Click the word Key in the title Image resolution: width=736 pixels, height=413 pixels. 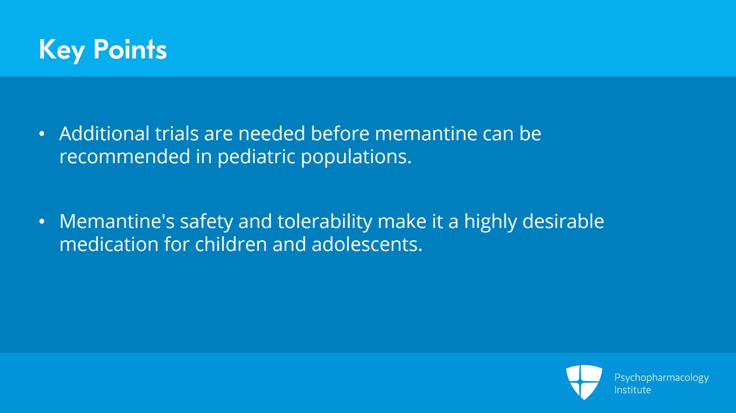coord(62,50)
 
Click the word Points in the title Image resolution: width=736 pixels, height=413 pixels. coord(130,49)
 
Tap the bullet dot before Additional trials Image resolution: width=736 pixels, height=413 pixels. coord(42,134)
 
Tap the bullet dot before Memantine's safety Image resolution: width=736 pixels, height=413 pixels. coord(42,221)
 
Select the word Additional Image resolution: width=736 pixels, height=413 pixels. coord(104,134)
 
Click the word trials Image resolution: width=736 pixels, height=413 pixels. coord(177,134)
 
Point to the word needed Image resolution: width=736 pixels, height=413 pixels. coord(272,134)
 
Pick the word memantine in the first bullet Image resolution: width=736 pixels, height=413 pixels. coord(426,134)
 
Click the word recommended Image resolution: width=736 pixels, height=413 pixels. coord(125,157)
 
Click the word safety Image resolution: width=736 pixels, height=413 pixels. coord(207,222)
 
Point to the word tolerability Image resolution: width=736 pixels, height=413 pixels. coord(325,222)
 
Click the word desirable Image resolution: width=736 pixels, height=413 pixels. coord(563,221)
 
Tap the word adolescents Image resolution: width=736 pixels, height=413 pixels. coord(367,244)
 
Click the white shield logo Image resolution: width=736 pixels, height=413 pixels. coord(584,382)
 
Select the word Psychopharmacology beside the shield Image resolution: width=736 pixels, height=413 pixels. coord(661,378)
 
